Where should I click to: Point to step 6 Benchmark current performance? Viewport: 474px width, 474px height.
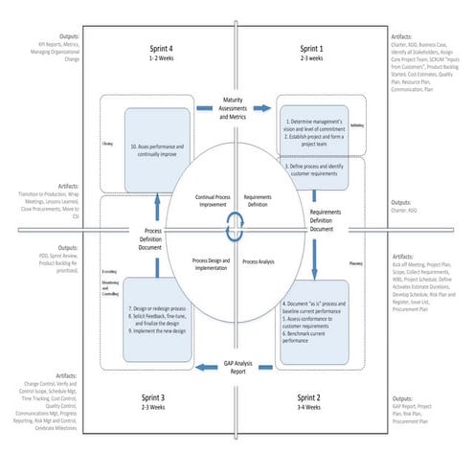click(315, 336)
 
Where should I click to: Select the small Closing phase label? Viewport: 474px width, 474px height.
click(107, 148)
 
